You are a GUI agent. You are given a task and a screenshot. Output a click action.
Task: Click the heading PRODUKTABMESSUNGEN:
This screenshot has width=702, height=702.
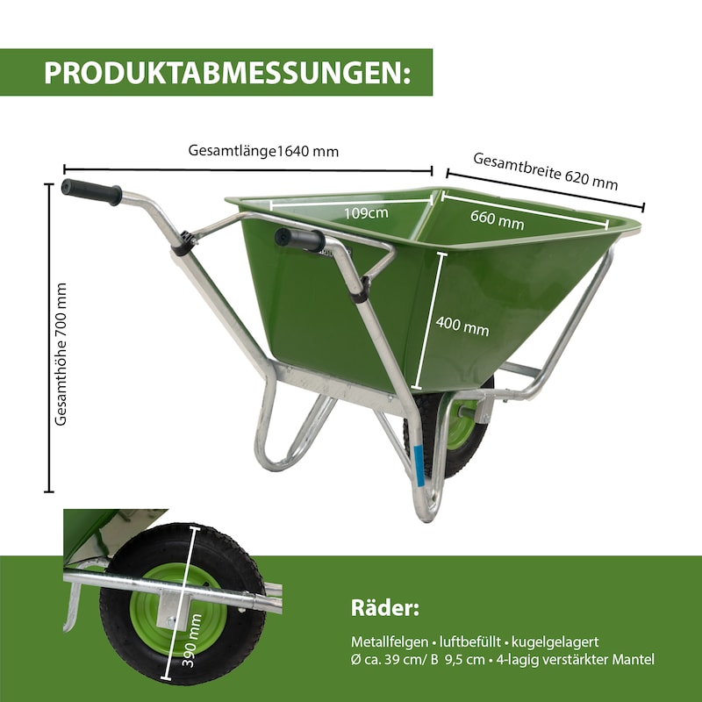[226, 72]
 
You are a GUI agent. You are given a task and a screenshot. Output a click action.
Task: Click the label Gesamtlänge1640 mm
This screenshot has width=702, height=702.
[263, 150]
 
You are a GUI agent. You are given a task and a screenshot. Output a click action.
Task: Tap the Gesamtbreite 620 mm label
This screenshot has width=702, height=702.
[545, 171]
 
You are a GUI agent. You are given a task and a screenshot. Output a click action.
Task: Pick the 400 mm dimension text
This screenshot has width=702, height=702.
[462, 328]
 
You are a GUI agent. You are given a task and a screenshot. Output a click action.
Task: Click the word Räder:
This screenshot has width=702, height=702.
[385, 608]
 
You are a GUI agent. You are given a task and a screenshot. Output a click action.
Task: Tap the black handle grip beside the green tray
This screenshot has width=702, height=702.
[299, 239]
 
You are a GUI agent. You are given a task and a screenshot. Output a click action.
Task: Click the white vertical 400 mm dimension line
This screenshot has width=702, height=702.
[421, 321]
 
